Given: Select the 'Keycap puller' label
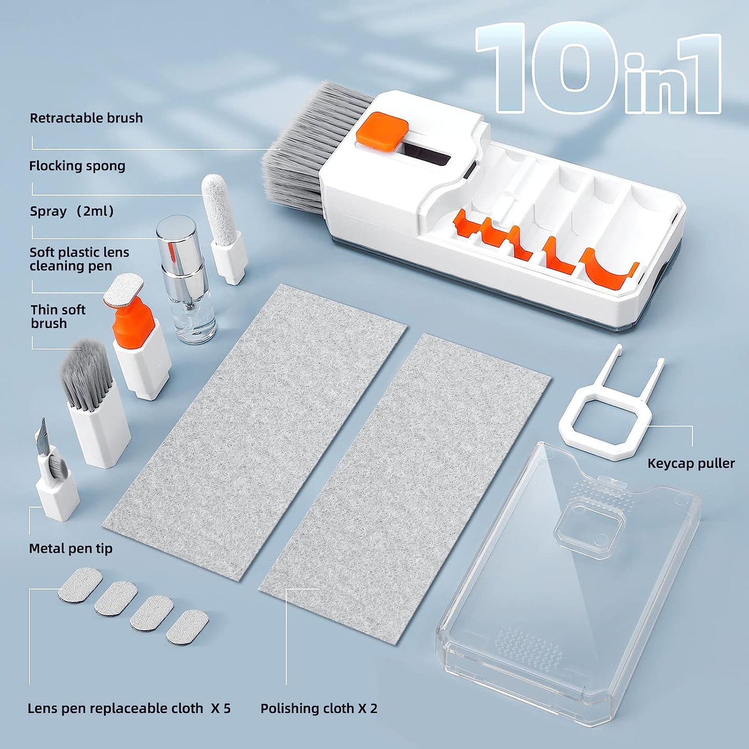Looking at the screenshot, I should tap(690, 463).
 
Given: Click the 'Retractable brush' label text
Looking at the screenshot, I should tap(86, 118).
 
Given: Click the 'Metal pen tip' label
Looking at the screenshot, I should tap(70, 548).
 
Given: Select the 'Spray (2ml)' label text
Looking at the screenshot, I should tap(72, 211).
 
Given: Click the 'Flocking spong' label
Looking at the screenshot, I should tap(77, 166).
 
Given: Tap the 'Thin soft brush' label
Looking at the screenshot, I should tap(58, 316).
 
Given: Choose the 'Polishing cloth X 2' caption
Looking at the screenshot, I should tap(319, 709).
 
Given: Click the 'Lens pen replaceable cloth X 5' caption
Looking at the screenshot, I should tap(129, 709).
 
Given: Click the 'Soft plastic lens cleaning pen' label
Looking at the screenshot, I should tap(79, 259).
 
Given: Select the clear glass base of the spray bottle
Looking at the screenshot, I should tap(194, 321).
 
